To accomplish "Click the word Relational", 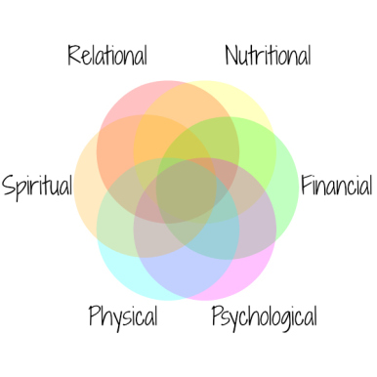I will coord(107,56).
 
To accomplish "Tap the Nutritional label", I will coord(268,56).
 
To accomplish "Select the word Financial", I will coord(336,185).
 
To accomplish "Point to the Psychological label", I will coord(264,316).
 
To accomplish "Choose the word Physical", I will coord(123,316).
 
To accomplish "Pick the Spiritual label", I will coord(37,186).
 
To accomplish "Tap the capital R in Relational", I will coord(74,56).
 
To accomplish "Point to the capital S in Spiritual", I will coord(8,185).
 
